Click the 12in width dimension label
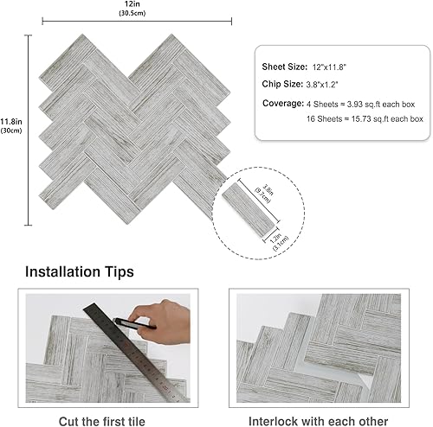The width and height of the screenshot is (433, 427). (x=128, y=4)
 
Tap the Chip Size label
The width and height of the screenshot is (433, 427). (x=281, y=85)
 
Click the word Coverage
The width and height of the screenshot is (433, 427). (x=281, y=103)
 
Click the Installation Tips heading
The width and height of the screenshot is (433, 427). (x=80, y=271)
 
